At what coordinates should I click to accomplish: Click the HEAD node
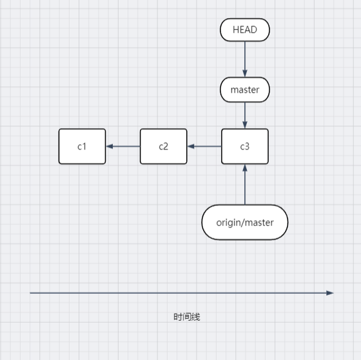[x=244, y=30]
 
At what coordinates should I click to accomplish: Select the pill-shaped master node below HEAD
[x=244, y=90]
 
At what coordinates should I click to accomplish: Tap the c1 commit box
[x=82, y=146]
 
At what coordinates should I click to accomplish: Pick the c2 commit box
[x=163, y=146]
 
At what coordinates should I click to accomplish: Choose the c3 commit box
[x=244, y=146]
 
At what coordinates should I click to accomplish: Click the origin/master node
[x=244, y=222]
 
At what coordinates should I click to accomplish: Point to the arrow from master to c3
[x=244, y=115]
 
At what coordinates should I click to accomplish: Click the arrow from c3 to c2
[x=204, y=146]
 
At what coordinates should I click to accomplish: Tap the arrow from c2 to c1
[x=123, y=146]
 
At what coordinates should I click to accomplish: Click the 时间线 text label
[x=186, y=317]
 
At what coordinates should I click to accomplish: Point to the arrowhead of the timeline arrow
[x=329, y=293]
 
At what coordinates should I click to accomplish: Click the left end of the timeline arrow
[x=32, y=293]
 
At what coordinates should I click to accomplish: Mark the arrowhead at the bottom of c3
[x=244, y=168]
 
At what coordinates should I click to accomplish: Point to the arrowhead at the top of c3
[x=244, y=125]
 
